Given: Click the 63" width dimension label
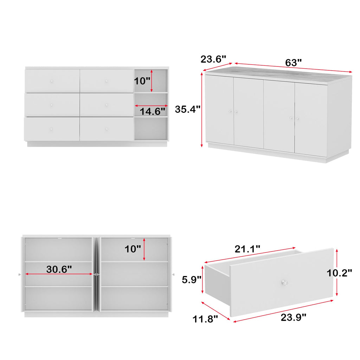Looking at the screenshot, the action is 293,63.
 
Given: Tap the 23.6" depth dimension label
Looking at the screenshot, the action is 213,59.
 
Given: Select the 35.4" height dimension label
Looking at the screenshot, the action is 188,109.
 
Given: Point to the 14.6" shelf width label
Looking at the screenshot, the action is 153,111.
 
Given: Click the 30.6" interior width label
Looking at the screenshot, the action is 59,269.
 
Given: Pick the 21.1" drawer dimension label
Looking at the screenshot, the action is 247,249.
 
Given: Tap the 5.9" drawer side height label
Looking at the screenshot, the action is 192,279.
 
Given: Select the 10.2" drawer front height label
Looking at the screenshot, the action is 339,273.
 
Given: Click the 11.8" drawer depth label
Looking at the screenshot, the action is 205,319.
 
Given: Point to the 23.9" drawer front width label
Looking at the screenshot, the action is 294,317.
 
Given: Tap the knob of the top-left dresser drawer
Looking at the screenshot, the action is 52,81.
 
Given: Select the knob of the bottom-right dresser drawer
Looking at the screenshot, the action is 107,129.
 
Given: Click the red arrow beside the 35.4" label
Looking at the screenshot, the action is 202,109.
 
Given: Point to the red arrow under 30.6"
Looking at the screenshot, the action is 59,274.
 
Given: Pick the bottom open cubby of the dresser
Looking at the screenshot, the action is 150,128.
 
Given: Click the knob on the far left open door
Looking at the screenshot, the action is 19,274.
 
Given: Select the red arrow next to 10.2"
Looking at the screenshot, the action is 337,272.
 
